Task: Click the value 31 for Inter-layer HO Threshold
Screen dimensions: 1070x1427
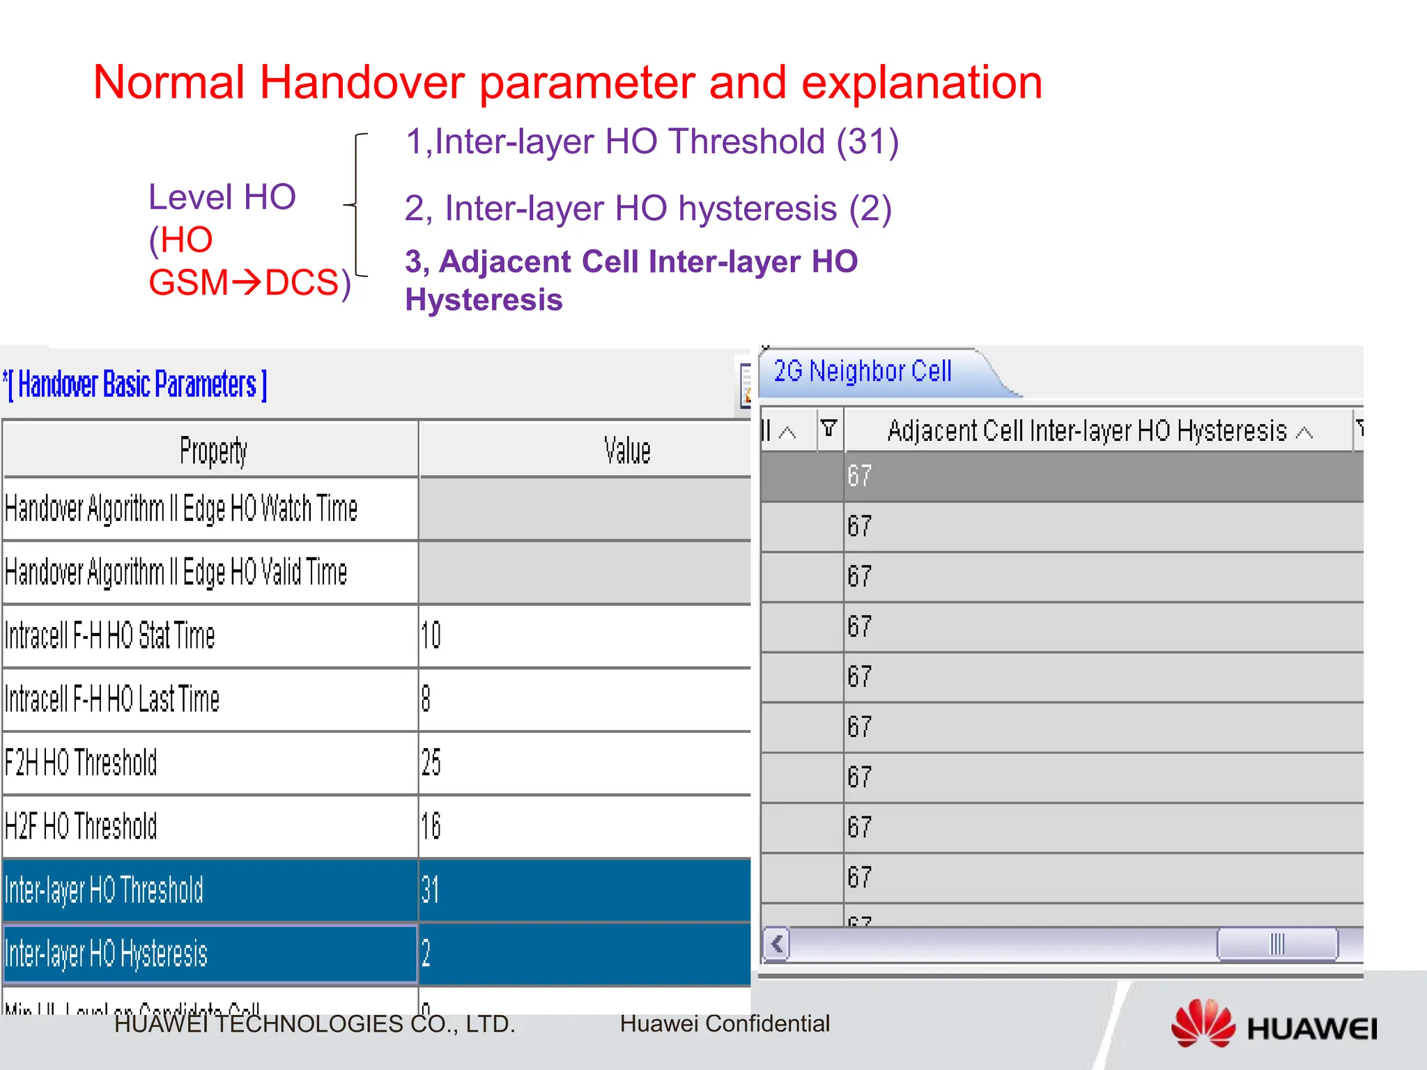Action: pyautogui.click(x=430, y=890)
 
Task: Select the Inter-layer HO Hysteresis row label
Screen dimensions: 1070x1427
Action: pyautogui.click(x=106, y=954)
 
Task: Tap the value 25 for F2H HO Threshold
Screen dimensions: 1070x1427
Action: pyautogui.click(x=431, y=763)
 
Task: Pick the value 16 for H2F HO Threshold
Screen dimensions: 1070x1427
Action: pyautogui.click(x=431, y=826)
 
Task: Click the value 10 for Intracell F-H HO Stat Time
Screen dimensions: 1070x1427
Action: pyautogui.click(x=431, y=635)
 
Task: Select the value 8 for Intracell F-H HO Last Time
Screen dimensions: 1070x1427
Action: pyautogui.click(x=426, y=699)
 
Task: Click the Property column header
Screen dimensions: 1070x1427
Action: pyautogui.click(x=213, y=451)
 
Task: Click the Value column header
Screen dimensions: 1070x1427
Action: pyautogui.click(x=626, y=451)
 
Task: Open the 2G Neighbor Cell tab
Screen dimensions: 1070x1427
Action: pyautogui.click(x=863, y=371)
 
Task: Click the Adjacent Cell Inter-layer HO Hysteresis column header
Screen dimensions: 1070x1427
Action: pyautogui.click(x=1087, y=431)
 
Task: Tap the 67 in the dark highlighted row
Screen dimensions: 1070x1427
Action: pyautogui.click(x=859, y=476)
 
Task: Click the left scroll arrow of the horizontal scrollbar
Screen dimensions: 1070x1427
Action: pyautogui.click(x=777, y=945)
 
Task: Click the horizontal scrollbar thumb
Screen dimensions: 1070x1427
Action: pyautogui.click(x=1276, y=945)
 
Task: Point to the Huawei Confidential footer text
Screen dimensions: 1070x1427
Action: pyautogui.click(x=725, y=1023)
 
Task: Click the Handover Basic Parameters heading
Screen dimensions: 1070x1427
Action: pyautogui.click(x=137, y=385)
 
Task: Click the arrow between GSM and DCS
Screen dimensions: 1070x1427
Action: pyautogui.click(x=246, y=283)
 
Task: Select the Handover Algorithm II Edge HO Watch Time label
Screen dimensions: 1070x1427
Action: pyautogui.click(x=181, y=509)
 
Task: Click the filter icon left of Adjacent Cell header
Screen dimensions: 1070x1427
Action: pyautogui.click(x=828, y=428)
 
